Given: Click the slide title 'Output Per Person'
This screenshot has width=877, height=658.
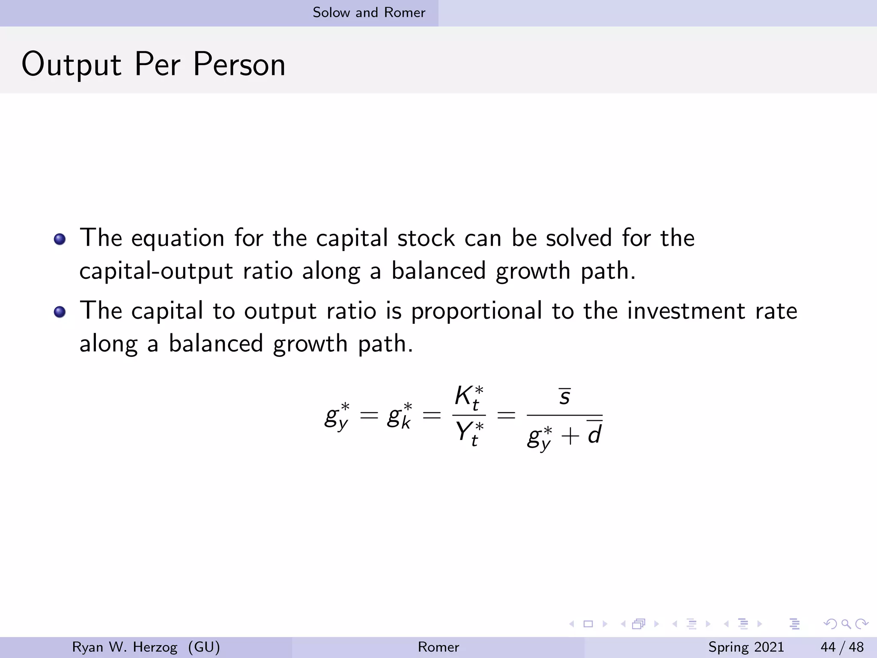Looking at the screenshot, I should tap(153, 64).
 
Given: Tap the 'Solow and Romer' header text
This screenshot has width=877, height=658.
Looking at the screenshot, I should tap(369, 12).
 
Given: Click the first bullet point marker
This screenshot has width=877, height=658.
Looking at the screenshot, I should tap(60, 239).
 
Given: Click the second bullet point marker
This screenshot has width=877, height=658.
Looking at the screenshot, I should tap(60, 312).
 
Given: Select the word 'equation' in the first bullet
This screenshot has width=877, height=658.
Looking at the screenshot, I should tap(178, 238).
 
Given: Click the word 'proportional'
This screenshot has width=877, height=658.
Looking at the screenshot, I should tap(476, 311).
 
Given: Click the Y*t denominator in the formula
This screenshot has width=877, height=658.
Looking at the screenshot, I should tap(469, 433).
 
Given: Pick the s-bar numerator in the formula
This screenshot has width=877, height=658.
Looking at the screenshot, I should tap(564, 396).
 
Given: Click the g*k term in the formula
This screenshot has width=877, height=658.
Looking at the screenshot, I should tap(399, 416).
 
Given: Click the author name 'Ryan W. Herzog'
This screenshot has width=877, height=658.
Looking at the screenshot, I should tap(125, 647).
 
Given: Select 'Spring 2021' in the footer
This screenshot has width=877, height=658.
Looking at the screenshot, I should tap(746, 647).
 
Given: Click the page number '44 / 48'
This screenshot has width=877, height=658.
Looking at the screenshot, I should tap(842, 647).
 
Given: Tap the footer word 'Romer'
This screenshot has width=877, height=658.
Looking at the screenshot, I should tap(438, 647).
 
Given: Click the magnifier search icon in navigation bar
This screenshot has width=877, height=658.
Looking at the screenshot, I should tap(846, 624).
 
